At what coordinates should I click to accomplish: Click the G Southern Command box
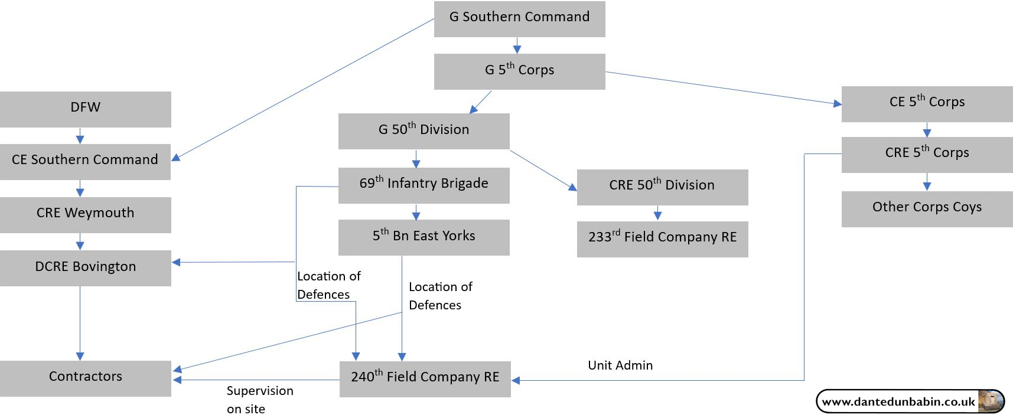519,19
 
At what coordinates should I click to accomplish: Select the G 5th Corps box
519,71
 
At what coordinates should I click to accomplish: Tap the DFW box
86,109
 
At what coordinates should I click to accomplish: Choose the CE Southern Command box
85,162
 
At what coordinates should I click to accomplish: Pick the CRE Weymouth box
86,215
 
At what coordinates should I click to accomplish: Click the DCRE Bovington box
86,268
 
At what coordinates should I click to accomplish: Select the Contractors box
86,378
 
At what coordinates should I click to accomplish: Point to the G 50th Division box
424,131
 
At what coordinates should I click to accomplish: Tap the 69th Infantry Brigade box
424,185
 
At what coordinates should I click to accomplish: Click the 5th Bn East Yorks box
424,237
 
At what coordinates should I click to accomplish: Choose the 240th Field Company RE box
425,379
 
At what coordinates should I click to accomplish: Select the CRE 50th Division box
662,187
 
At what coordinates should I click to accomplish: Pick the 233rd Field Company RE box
662,239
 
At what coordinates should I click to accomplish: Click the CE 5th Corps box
927,104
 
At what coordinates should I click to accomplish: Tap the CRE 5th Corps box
927,155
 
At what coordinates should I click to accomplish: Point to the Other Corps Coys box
927,209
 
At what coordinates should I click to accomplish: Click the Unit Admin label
620,365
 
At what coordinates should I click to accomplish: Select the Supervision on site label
259,400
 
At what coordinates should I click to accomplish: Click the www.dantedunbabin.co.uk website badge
910,401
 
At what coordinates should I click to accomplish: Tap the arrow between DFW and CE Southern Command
80,136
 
